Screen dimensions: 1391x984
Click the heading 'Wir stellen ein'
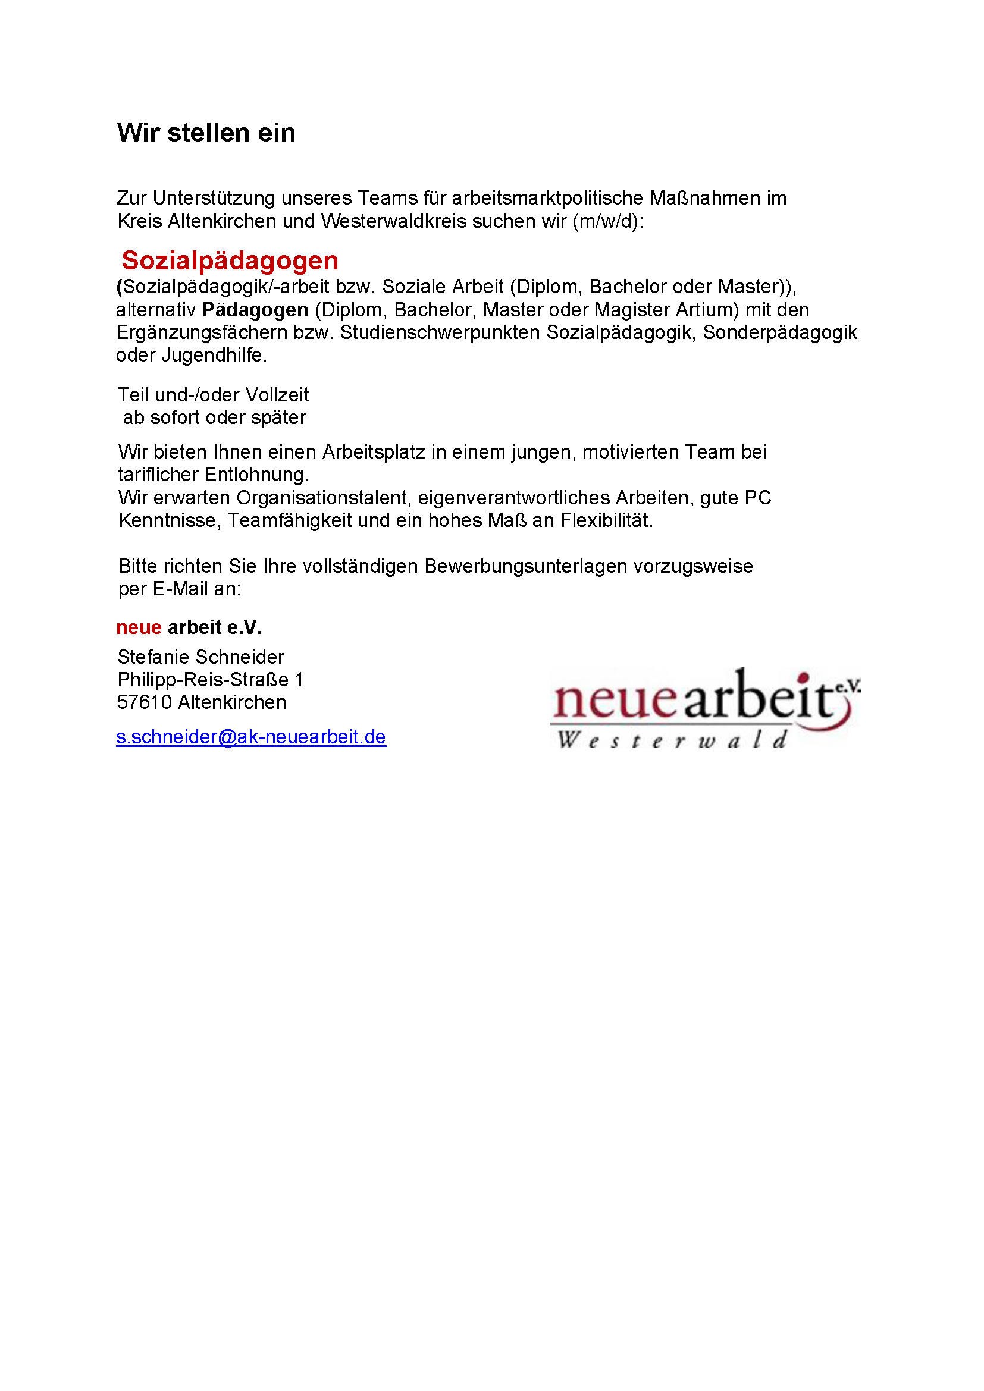point(206,133)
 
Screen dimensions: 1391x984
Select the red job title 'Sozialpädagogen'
point(230,260)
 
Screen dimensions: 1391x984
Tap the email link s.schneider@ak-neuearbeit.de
point(251,737)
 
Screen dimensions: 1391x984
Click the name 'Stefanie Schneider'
point(200,657)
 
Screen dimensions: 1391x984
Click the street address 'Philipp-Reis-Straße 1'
point(210,679)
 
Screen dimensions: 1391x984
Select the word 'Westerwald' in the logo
point(673,740)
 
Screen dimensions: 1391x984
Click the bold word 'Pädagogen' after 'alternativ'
point(255,310)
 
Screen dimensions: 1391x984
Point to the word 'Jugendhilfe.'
point(214,355)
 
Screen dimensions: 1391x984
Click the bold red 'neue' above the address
point(139,627)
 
